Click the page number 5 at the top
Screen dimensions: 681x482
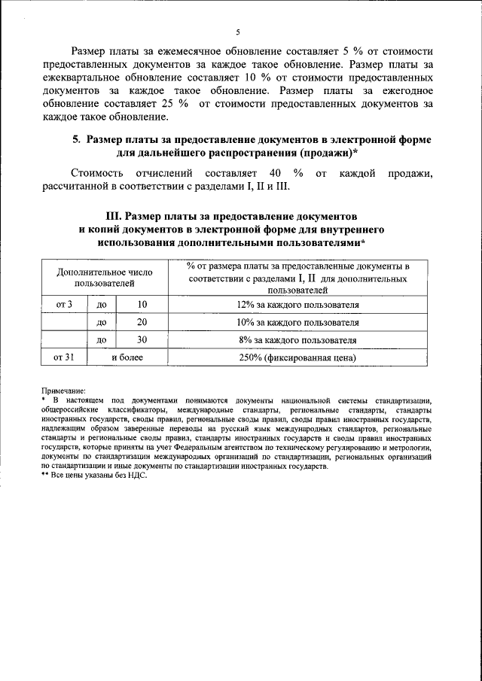coord(237,32)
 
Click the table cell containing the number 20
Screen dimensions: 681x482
coord(142,322)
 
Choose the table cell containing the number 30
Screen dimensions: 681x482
coord(142,340)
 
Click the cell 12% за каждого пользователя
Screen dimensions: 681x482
coord(297,305)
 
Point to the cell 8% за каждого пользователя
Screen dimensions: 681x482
coord(297,340)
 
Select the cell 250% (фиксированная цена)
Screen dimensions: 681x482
coord(297,358)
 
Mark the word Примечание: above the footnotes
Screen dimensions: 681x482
coord(63,391)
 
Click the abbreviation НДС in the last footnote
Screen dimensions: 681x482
coord(137,476)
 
